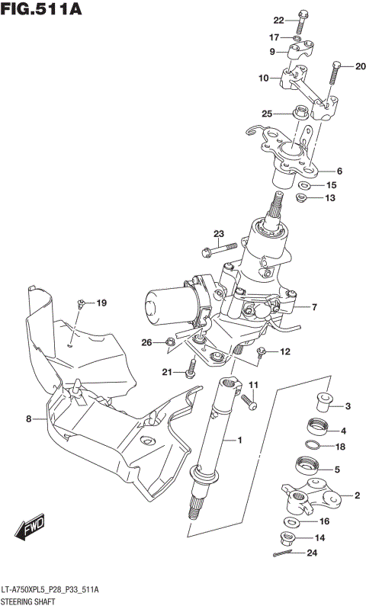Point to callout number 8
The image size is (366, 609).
click(x=28, y=418)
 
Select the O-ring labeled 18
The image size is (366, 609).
click(x=313, y=446)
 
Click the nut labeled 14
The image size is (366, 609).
click(x=289, y=538)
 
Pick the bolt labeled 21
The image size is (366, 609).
click(x=191, y=369)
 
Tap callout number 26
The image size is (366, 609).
click(x=147, y=341)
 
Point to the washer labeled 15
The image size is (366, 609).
click(x=304, y=185)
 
